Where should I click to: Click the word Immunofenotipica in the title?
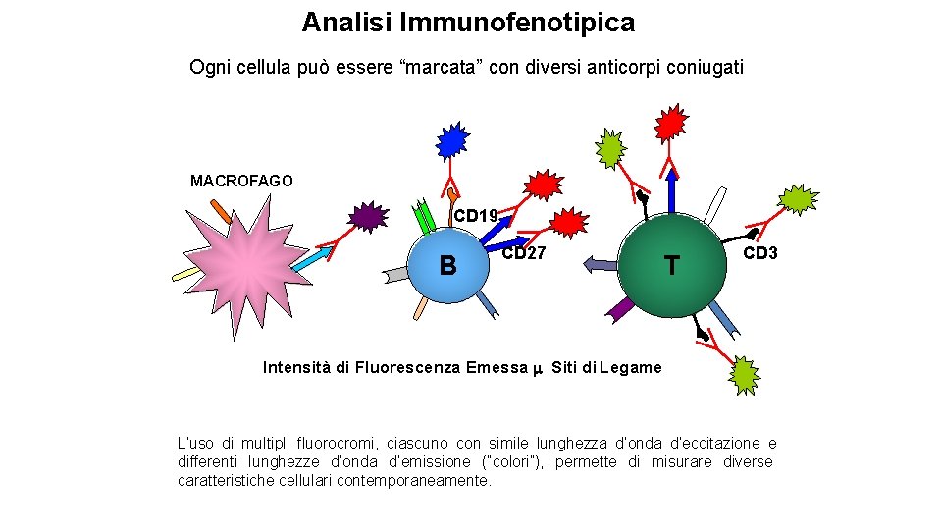click(x=531, y=22)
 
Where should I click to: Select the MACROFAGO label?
click(x=241, y=181)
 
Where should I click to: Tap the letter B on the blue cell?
click(x=448, y=265)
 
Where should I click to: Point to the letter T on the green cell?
click(x=671, y=265)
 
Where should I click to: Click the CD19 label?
click(x=476, y=215)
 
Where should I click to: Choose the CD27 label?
click(x=524, y=253)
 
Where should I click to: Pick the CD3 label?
click(x=760, y=253)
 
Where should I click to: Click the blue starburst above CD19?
click(x=452, y=141)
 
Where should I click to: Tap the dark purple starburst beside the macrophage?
click(x=367, y=216)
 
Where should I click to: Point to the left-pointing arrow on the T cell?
click(x=600, y=263)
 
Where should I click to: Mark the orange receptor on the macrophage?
click(x=221, y=211)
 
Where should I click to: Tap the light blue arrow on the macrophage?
click(x=313, y=258)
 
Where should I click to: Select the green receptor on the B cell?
click(x=425, y=216)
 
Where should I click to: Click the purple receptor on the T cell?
click(x=620, y=308)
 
